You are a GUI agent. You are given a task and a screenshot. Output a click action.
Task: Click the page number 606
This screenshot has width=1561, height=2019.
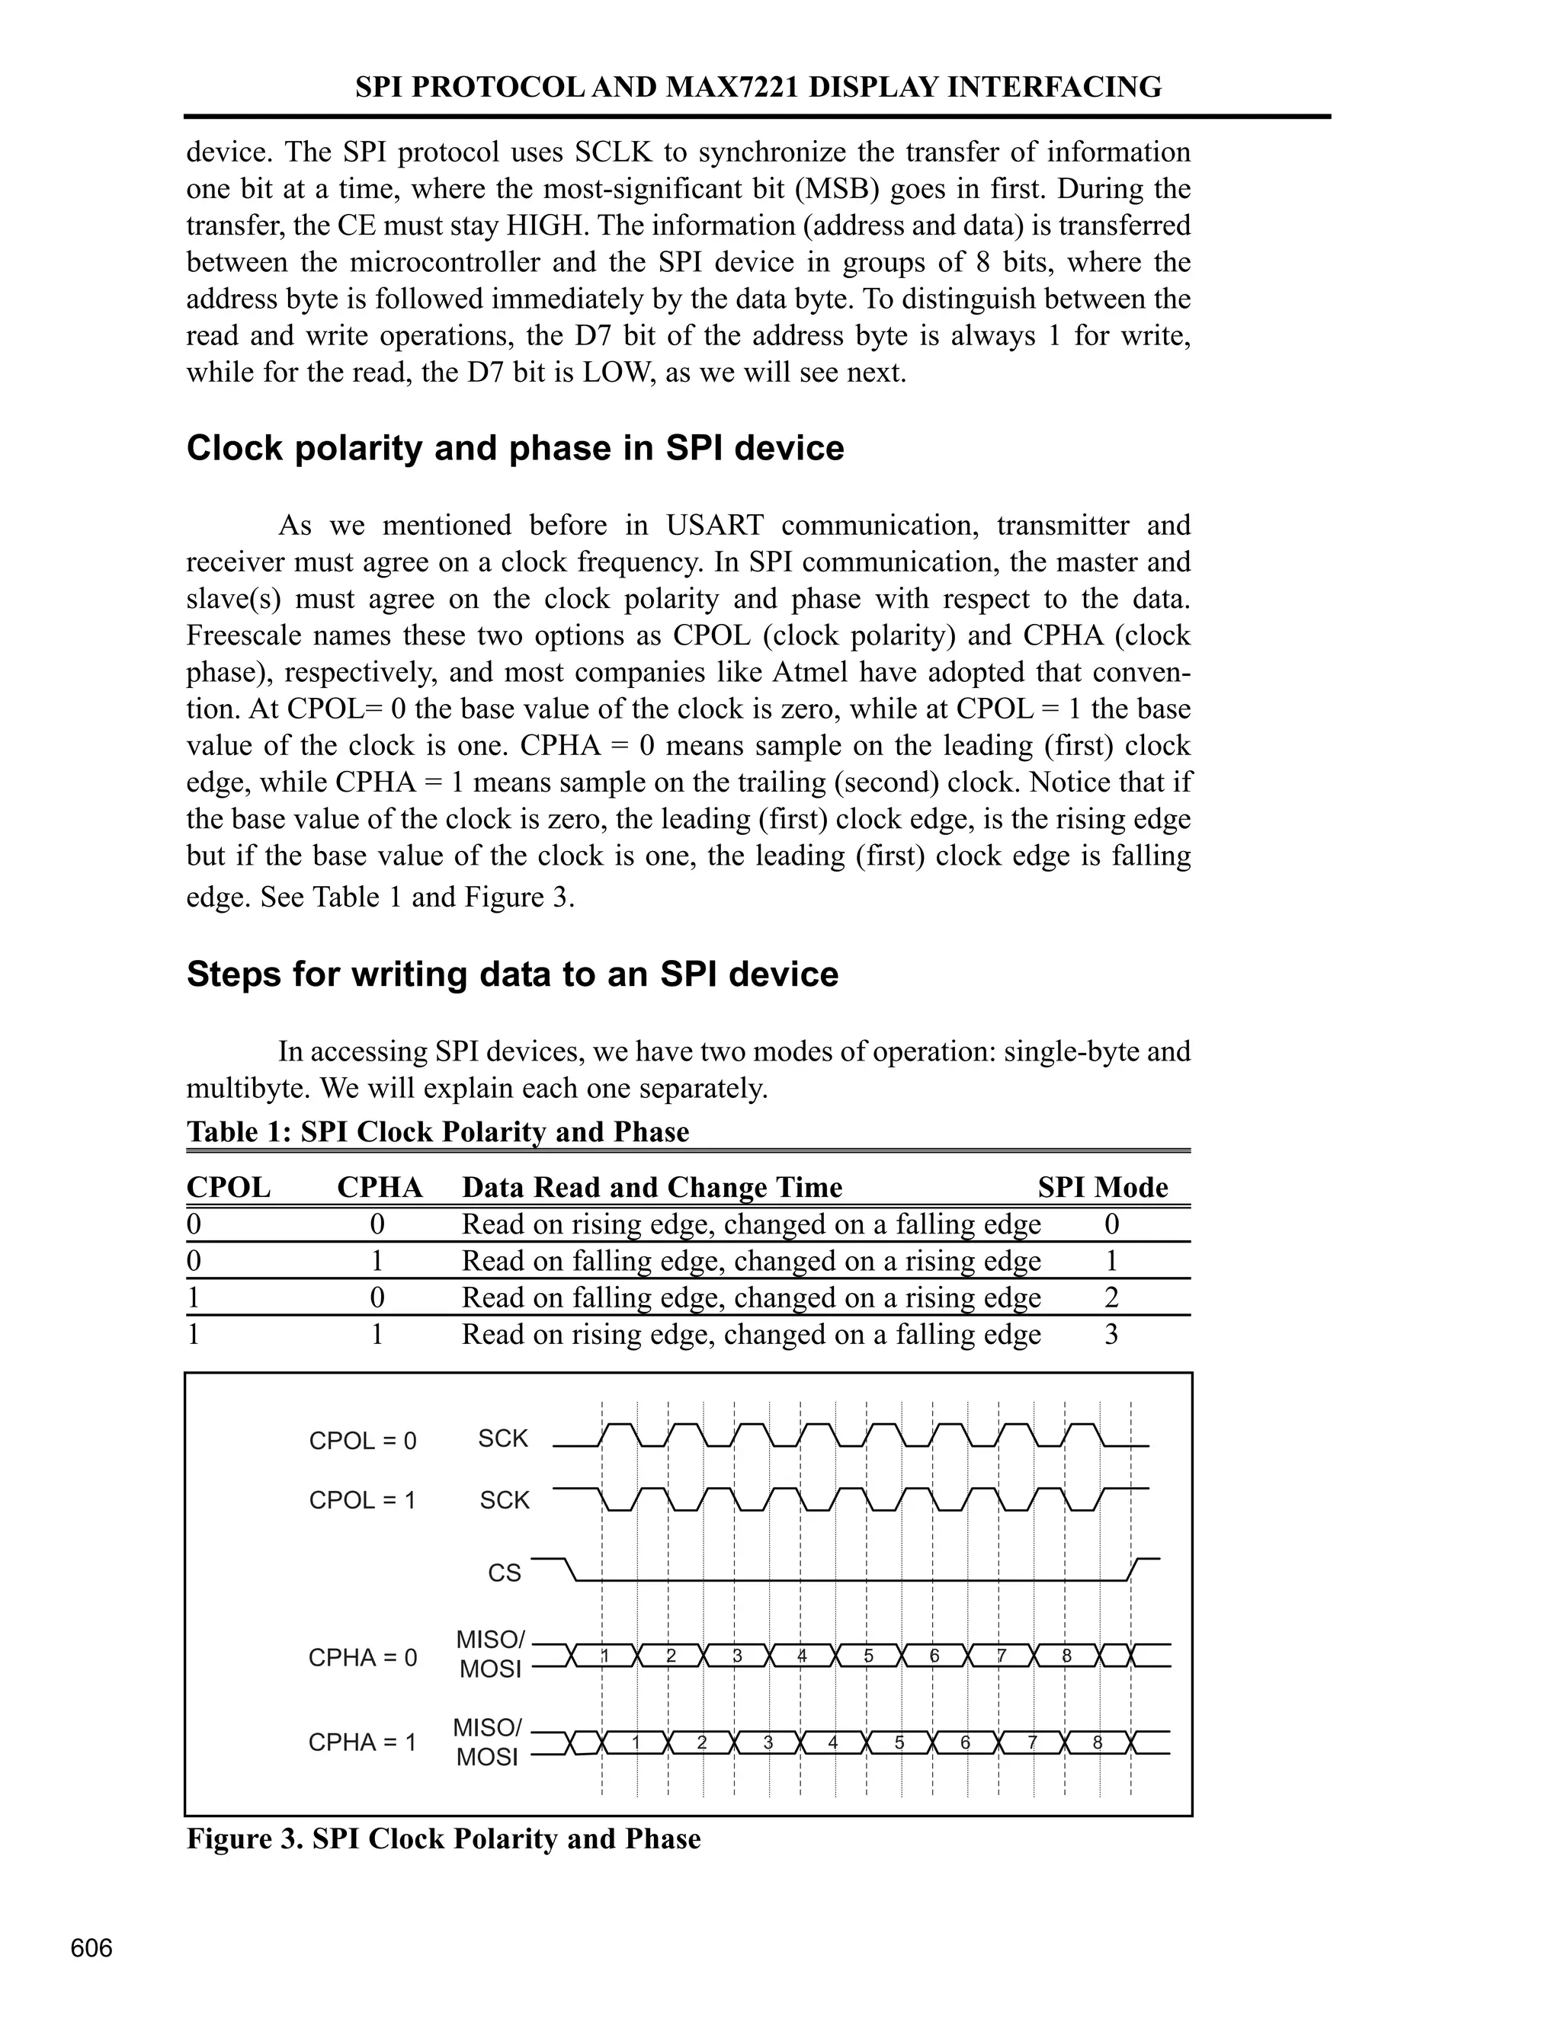coord(91,1948)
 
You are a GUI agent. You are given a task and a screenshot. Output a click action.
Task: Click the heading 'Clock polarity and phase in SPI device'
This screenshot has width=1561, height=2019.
coord(515,448)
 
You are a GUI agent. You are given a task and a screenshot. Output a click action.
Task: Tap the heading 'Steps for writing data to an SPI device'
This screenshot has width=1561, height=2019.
coord(512,974)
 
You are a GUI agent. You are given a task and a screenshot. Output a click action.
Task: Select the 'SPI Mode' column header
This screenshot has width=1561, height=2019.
coord(1102,1187)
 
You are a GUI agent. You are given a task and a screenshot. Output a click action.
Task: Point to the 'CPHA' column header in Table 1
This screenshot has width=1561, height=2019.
coord(379,1187)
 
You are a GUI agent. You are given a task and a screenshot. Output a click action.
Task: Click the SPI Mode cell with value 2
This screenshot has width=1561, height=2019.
coord(1111,1298)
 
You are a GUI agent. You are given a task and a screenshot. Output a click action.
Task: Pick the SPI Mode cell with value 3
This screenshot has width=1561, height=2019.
coord(1111,1335)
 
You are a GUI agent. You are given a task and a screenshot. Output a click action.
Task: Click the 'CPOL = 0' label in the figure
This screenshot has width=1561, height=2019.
coord(363,1441)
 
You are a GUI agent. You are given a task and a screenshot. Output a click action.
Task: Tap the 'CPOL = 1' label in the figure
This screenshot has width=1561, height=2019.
coord(363,1500)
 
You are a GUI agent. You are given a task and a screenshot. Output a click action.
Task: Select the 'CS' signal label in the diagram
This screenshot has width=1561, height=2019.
coord(504,1573)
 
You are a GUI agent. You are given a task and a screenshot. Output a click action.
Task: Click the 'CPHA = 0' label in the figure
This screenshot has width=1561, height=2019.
coord(363,1658)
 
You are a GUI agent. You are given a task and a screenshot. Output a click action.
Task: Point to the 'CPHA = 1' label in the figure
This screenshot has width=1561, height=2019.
coord(363,1742)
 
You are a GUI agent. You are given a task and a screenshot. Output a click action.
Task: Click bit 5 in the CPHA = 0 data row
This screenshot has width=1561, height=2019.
coord(868,1656)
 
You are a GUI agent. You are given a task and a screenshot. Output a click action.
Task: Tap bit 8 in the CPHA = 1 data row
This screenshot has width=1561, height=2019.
coord(1098,1742)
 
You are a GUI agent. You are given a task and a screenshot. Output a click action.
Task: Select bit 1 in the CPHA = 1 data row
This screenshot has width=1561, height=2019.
coord(636,1742)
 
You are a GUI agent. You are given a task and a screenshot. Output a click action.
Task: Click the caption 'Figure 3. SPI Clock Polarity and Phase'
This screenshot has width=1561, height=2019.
coord(443,1838)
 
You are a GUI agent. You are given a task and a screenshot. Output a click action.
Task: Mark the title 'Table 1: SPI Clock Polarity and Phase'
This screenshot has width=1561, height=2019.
coord(438,1131)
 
